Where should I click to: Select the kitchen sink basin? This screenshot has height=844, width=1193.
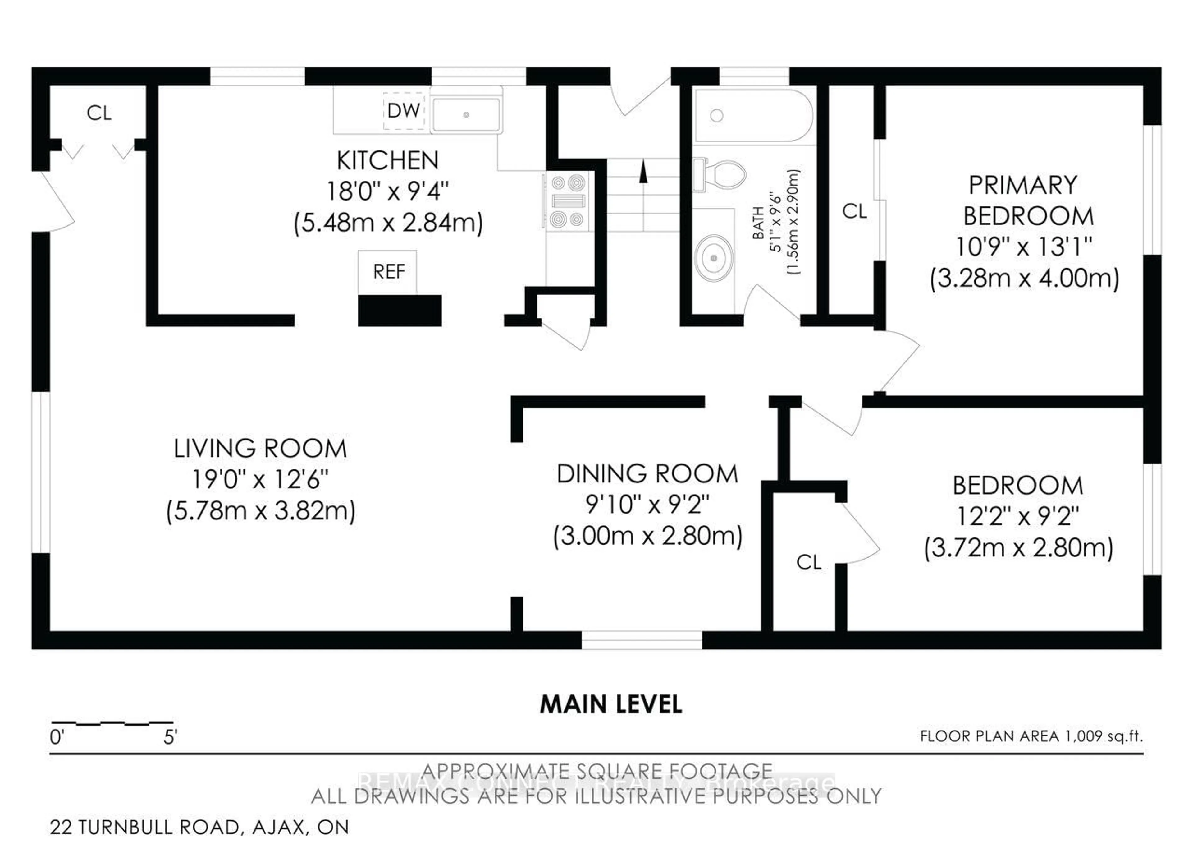coord(466,114)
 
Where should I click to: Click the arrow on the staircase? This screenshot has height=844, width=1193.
coord(643,172)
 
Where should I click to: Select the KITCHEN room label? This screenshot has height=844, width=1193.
coord(388,161)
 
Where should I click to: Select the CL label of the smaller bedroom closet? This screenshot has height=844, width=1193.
coord(808,562)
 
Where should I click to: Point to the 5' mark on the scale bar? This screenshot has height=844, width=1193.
coord(171,737)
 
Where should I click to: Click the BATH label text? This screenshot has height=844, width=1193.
coord(759,223)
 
